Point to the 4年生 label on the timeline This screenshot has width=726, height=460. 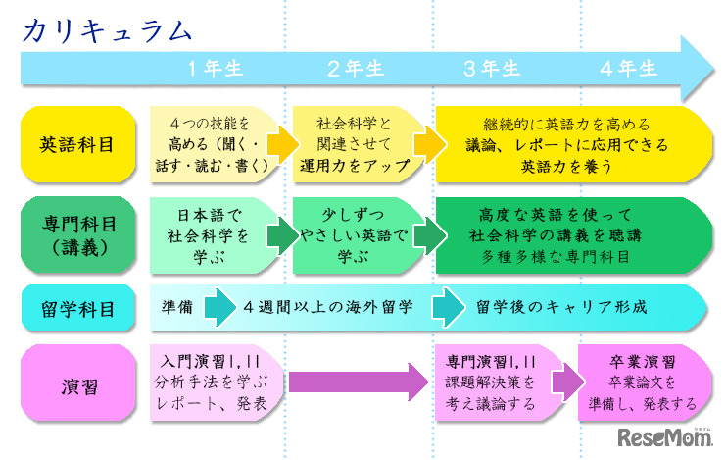[x=629, y=68]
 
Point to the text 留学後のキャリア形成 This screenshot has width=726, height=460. [x=561, y=307]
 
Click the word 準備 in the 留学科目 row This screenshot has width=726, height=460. [x=176, y=307]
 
